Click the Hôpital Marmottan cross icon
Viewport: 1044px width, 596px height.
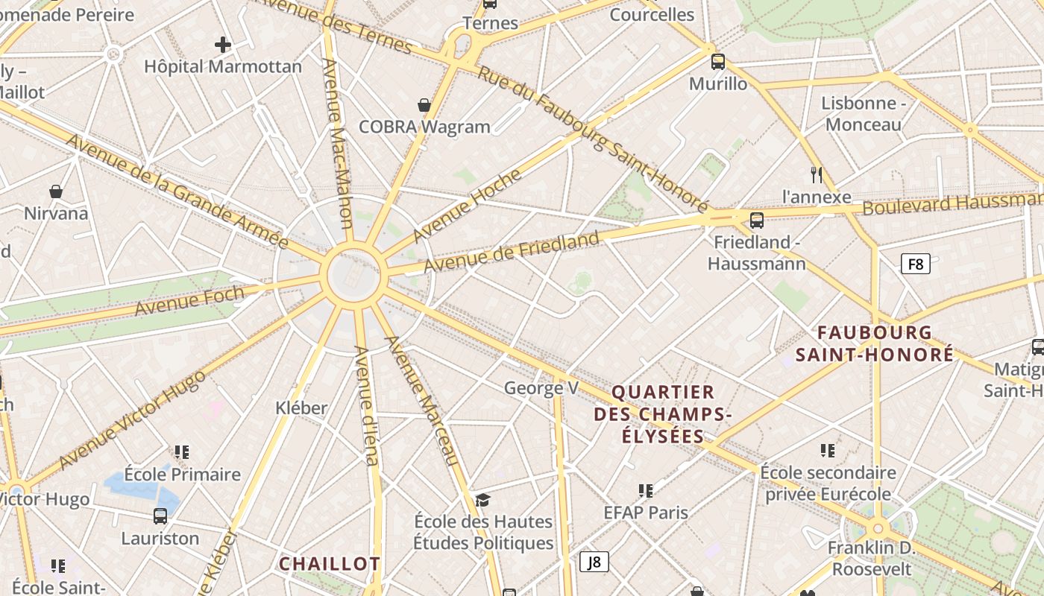tap(222, 45)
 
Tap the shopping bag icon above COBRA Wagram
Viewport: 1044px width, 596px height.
tap(424, 106)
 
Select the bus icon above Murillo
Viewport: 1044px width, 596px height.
tap(717, 62)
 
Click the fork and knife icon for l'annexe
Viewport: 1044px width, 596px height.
tap(817, 175)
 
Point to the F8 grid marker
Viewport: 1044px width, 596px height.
tap(915, 264)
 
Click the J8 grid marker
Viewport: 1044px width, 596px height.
tap(594, 562)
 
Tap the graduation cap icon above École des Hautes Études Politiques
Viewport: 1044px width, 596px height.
tap(483, 499)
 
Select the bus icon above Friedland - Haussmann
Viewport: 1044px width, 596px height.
tap(756, 220)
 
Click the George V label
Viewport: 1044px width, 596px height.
tap(541, 387)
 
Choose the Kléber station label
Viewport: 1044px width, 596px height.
tap(301, 408)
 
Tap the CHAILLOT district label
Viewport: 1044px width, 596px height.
tap(330, 564)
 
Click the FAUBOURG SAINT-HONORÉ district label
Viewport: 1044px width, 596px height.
tap(874, 343)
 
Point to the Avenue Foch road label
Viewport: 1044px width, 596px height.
tap(189, 300)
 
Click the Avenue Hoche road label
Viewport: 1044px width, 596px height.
tap(467, 205)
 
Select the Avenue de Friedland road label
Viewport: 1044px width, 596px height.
tap(512, 253)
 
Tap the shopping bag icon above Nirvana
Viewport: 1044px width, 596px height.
tap(56, 191)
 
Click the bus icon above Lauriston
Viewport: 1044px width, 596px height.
tap(160, 516)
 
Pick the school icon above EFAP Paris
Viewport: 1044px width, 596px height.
tap(646, 490)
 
